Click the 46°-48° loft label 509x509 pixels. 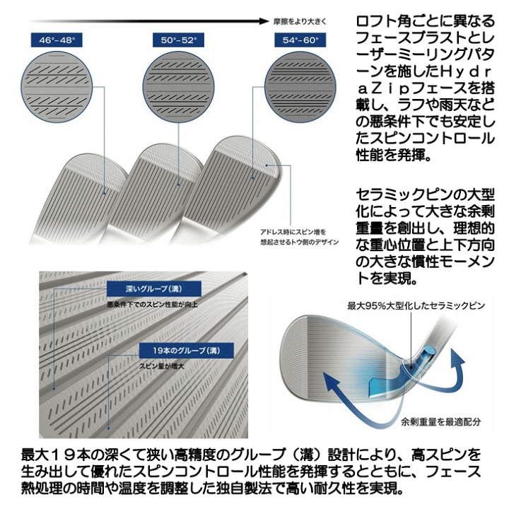tap(57, 40)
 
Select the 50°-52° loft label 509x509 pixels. tap(178, 40)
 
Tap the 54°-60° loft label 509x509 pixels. tap(300, 40)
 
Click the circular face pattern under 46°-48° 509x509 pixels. tap(57, 87)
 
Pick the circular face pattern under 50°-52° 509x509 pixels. tap(179, 87)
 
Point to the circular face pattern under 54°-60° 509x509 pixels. tap(300, 87)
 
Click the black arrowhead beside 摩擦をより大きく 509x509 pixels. tap(264, 21)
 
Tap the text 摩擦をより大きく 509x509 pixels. tap(300, 22)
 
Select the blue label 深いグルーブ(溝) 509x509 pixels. tap(154, 288)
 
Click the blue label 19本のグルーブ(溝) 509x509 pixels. tap(187, 351)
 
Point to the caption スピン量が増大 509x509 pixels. tap(162, 366)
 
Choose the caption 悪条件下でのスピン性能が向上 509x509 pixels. tap(152, 305)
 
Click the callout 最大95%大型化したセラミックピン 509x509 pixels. tap(416, 306)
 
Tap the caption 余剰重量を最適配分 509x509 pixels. tap(440, 421)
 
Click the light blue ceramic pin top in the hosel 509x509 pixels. tap(430, 350)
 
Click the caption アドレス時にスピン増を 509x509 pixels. tap(293, 232)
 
